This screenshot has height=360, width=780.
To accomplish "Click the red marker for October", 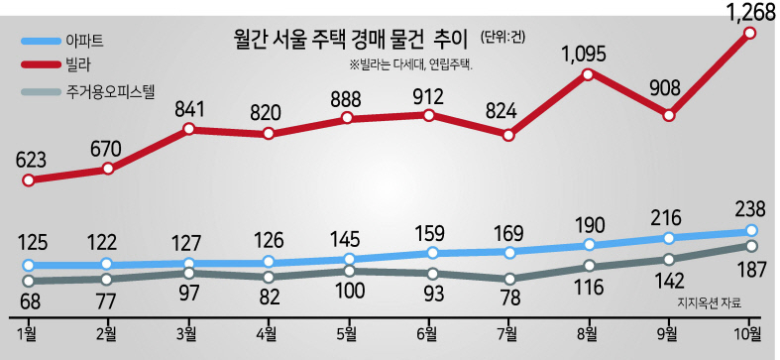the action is click(750, 34).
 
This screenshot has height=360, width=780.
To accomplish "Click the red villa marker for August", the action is click(588, 74).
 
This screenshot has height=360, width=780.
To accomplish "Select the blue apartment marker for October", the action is click(751, 230).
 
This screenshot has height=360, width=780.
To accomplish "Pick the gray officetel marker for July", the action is click(508, 279).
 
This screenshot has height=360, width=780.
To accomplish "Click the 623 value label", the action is click(31, 161).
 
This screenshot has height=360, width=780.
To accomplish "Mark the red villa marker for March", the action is click(188, 129).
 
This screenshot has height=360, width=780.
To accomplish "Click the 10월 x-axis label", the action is click(747, 333).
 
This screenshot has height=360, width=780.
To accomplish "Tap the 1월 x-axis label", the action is click(28, 333).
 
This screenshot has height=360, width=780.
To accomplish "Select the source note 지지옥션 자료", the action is click(709, 303).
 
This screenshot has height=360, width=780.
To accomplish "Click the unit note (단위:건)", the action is click(502, 39).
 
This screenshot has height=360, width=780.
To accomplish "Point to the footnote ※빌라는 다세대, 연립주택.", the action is click(410, 66).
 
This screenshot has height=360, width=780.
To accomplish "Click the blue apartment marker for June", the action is click(433, 253).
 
